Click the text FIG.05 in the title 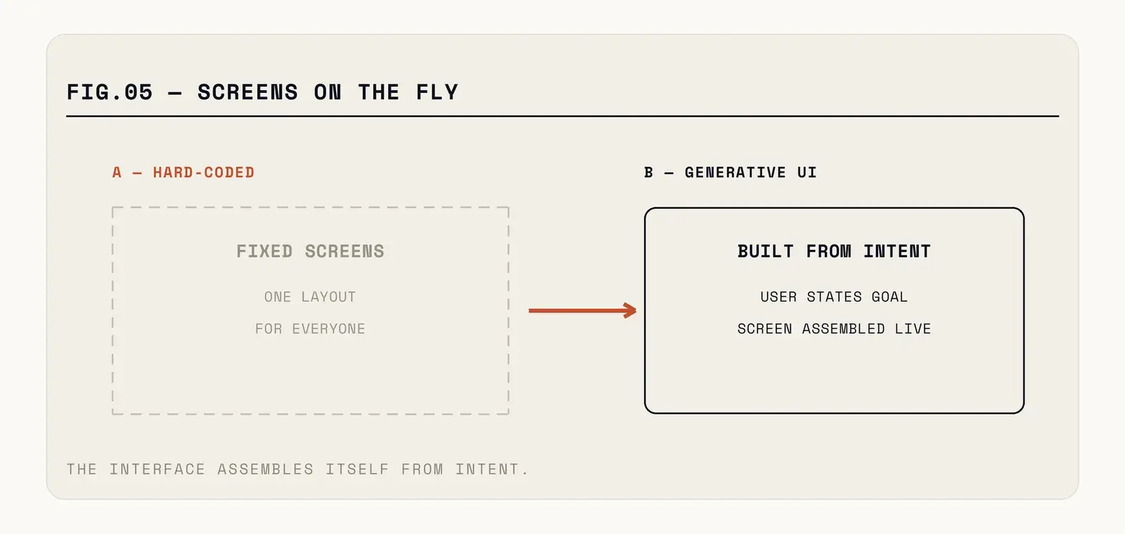pyautogui.click(x=110, y=92)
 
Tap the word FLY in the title pyautogui.click(x=437, y=92)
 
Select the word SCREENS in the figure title pyautogui.click(x=247, y=92)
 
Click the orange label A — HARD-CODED pyautogui.click(x=184, y=172)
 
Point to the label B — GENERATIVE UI pyautogui.click(x=731, y=172)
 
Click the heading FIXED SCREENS pyautogui.click(x=310, y=251)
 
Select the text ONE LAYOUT pyautogui.click(x=310, y=297)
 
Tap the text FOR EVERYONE pyautogui.click(x=310, y=329)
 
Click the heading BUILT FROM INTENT pyautogui.click(x=834, y=251)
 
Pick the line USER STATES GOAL pyautogui.click(x=834, y=297)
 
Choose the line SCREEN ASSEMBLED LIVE pyautogui.click(x=834, y=329)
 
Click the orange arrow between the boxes pyautogui.click(x=583, y=310)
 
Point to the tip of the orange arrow pyautogui.click(x=636, y=310)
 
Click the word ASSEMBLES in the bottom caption pyautogui.click(x=266, y=469)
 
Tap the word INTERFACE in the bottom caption pyautogui.click(x=157, y=469)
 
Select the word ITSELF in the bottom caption pyautogui.click(x=358, y=469)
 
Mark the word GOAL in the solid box pyautogui.click(x=889, y=297)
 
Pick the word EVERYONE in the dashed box pyautogui.click(x=329, y=329)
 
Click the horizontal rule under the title pyautogui.click(x=562, y=116)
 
